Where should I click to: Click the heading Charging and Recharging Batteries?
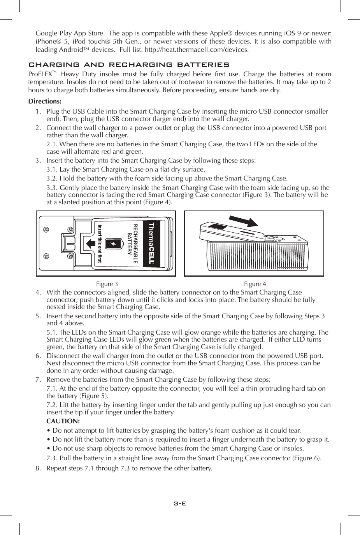coord(129,65)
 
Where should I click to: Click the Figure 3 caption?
coord(107,284)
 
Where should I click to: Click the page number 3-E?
coord(180,503)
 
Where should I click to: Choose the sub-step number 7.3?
coord(52,458)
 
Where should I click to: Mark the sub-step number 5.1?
coord(52,333)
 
